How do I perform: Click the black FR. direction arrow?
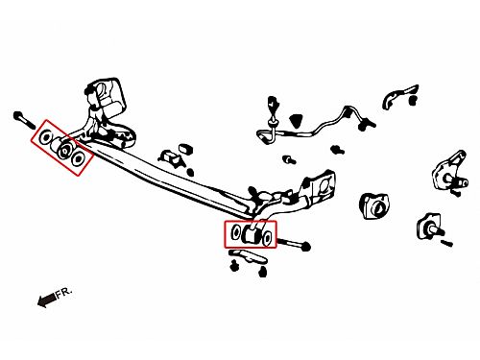[x=47, y=300]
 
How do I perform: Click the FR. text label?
[x=64, y=293]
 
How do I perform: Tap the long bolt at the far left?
[x=24, y=119]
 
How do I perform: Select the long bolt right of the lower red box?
[x=294, y=244]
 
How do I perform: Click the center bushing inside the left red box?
[x=63, y=149]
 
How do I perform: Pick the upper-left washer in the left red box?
[x=45, y=137]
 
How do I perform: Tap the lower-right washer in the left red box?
[x=78, y=158]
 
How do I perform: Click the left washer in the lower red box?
[x=236, y=232]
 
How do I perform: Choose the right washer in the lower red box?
[x=267, y=237]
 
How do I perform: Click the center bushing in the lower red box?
[x=252, y=233]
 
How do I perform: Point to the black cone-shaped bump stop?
[x=297, y=121]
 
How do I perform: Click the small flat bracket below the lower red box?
[x=248, y=256]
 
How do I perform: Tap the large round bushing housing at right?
[x=375, y=206]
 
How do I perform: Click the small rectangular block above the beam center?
[x=185, y=149]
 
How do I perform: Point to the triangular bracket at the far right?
[x=450, y=172]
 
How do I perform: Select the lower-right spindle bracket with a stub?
[x=430, y=227]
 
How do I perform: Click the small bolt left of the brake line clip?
[x=289, y=159]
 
